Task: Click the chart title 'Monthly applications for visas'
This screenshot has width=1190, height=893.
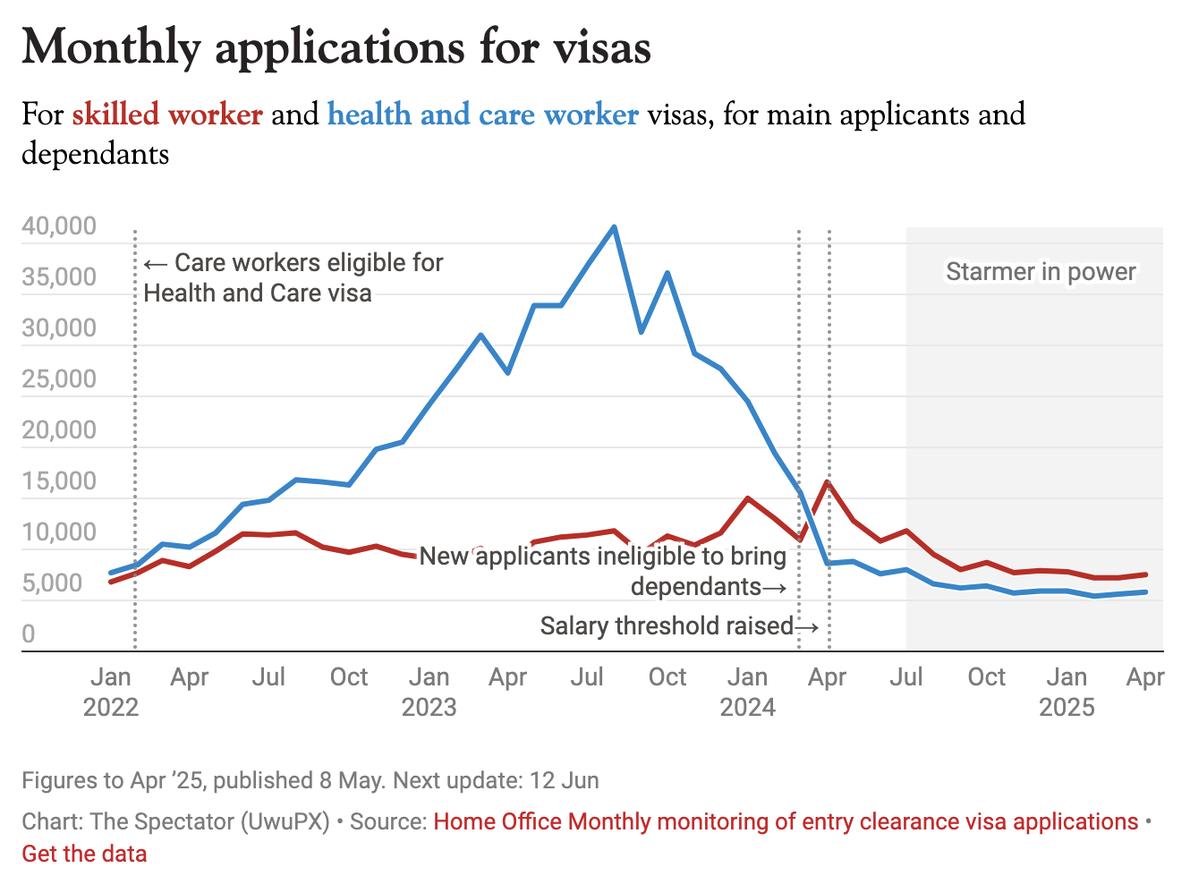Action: (336, 47)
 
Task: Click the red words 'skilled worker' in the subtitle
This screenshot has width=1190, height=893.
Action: (167, 115)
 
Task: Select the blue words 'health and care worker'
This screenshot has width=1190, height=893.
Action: (483, 115)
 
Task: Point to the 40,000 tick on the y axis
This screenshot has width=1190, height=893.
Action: (59, 226)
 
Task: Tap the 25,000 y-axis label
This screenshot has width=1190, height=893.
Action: (59, 379)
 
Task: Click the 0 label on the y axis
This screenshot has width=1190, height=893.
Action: (29, 634)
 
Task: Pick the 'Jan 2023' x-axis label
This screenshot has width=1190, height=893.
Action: (429, 692)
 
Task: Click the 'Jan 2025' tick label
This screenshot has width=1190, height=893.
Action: (1067, 692)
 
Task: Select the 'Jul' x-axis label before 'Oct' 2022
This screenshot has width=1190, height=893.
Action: (268, 677)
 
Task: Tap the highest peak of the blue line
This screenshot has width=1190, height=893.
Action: (614, 226)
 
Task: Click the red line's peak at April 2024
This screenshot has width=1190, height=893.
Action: (828, 482)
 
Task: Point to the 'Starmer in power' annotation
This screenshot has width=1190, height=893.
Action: (1041, 272)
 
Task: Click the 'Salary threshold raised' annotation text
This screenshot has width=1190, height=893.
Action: (667, 626)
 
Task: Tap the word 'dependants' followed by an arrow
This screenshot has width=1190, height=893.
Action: (696, 587)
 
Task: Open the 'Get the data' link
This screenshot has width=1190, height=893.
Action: (84, 854)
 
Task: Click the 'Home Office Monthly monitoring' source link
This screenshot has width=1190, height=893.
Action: (786, 821)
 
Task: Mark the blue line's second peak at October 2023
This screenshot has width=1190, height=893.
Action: (667, 273)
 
